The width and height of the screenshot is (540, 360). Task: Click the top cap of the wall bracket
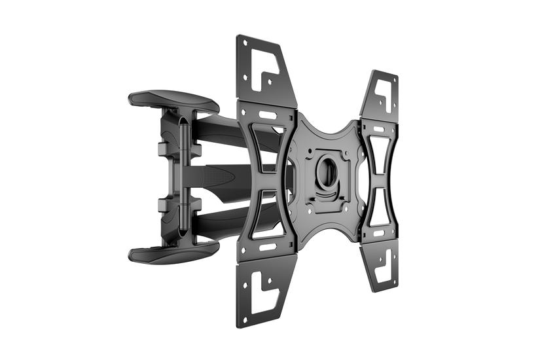[173, 99]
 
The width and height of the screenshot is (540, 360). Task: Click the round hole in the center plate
[327, 171]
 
